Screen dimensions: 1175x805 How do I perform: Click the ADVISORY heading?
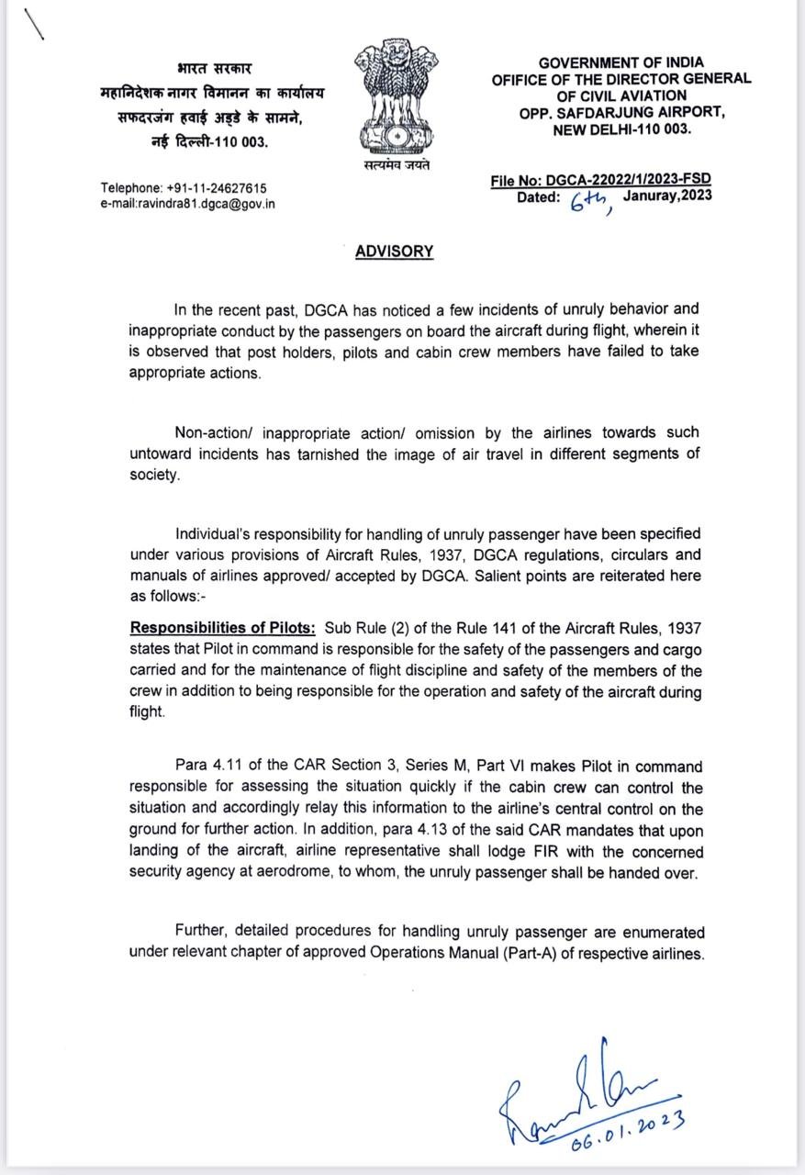(x=394, y=252)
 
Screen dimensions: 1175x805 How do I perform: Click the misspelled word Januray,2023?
(x=666, y=196)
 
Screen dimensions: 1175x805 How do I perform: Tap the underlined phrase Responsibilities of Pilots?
(x=222, y=628)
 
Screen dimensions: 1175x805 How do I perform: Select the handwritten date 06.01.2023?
(x=627, y=1130)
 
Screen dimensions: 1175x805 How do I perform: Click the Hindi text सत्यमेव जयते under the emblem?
(x=394, y=166)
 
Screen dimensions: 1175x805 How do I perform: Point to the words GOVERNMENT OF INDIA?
(x=621, y=63)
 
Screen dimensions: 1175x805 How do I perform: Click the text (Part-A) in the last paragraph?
(x=530, y=954)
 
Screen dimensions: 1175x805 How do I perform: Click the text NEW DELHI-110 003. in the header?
(x=621, y=129)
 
